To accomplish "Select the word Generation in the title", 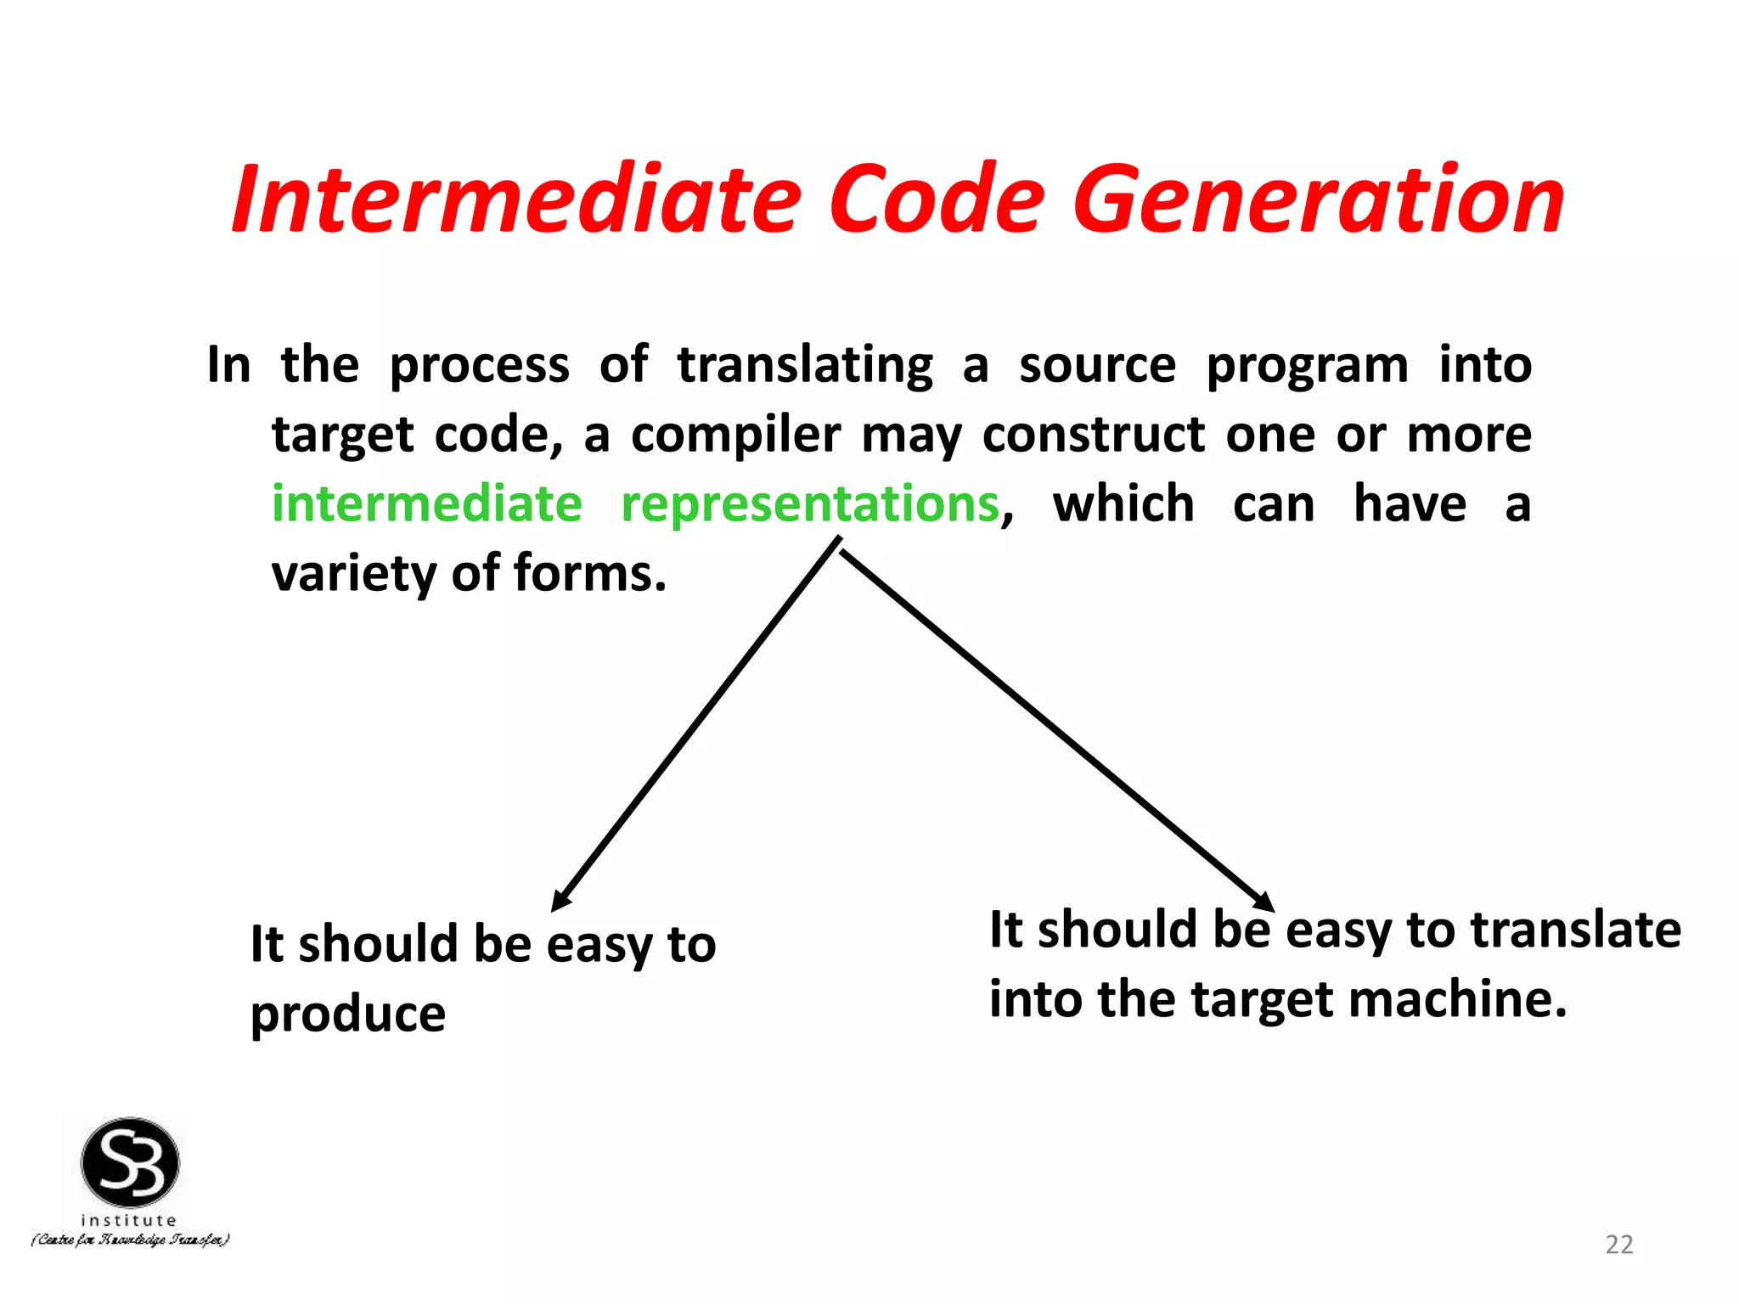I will click(x=1318, y=200).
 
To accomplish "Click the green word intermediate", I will click(x=426, y=503).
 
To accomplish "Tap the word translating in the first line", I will click(x=805, y=367).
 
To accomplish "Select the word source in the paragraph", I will click(x=1097, y=367).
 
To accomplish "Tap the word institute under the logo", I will click(x=128, y=1220).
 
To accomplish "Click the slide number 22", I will click(x=1618, y=1244).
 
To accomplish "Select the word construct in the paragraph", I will click(x=1094, y=435).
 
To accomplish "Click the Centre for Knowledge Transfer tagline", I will click(x=130, y=1240).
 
